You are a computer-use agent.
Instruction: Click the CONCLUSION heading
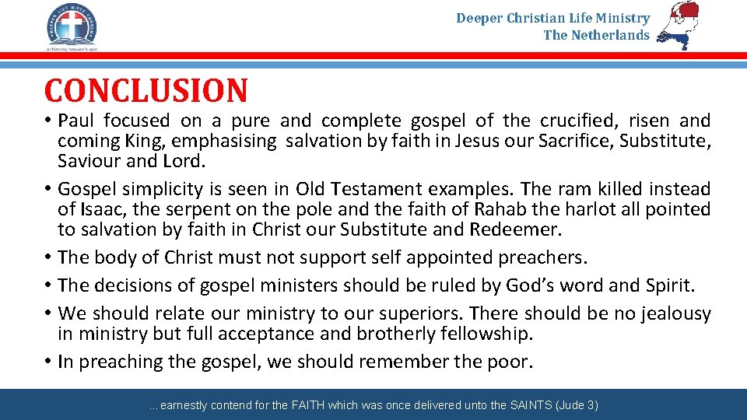(x=146, y=90)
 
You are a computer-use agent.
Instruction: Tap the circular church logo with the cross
(x=71, y=25)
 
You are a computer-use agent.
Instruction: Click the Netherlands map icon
(x=679, y=26)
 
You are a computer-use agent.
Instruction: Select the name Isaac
(x=98, y=209)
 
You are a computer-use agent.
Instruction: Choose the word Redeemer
(x=519, y=229)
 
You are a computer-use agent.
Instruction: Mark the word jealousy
(x=674, y=313)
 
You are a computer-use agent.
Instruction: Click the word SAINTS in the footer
(x=532, y=405)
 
